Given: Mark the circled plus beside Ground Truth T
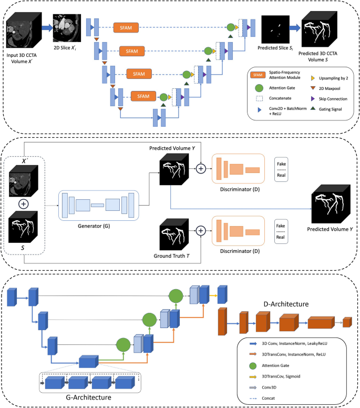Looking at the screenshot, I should [200, 230].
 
